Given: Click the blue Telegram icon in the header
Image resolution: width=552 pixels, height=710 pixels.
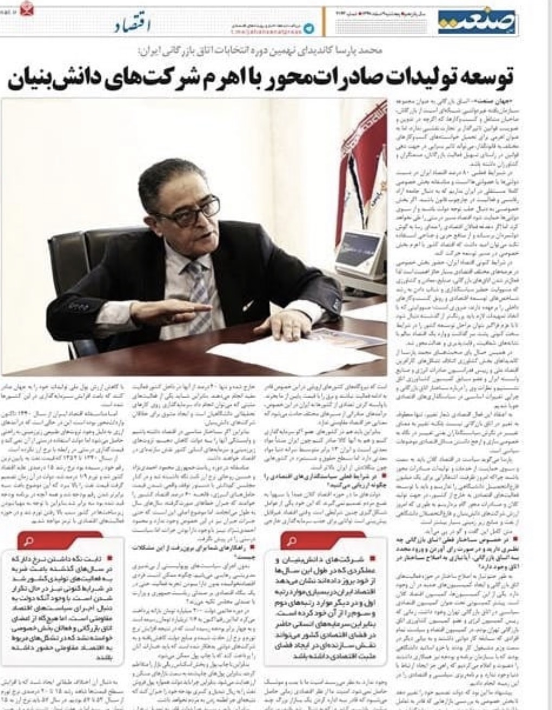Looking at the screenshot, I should (x=310, y=28).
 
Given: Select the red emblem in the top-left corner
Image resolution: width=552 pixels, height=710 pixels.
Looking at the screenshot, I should (x=25, y=10).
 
